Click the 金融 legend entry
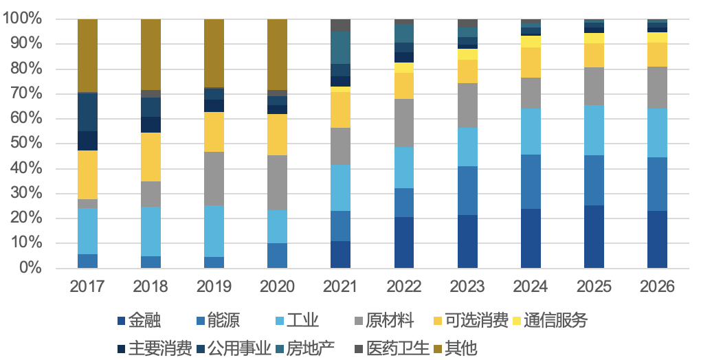tap(139, 321)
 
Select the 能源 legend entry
tap(218, 321)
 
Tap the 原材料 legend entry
tap(384, 321)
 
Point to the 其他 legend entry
tap(456, 348)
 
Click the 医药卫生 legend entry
tap(392, 348)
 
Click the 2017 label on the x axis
tap(87, 286)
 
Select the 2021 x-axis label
tap(341, 286)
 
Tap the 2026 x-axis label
tap(657, 286)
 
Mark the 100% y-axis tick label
tap(23, 19)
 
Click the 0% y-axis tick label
tap(32, 267)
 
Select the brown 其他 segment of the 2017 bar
tap(88, 56)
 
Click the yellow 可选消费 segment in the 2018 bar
tap(151, 157)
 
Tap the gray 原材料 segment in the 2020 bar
tap(277, 183)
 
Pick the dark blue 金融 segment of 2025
tap(594, 237)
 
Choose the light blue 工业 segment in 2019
tap(214, 232)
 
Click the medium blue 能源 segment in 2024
tap(531, 182)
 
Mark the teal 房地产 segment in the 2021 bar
tap(341, 48)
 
